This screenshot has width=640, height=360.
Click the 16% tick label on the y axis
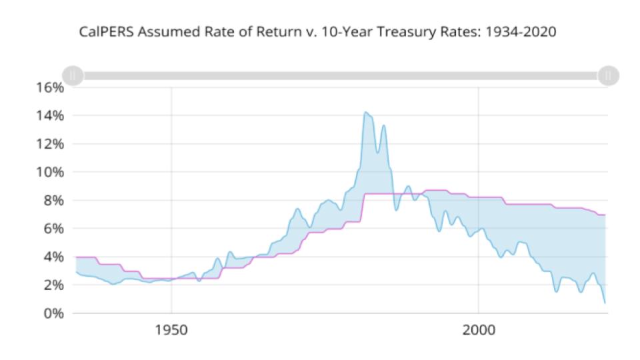pyautogui.click(x=49, y=87)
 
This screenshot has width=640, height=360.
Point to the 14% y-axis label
pyautogui.click(x=49, y=115)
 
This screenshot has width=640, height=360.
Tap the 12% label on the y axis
pyautogui.click(x=49, y=143)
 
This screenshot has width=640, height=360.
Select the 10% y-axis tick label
pyautogui.click(x=49, y=172)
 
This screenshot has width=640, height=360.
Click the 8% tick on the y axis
pyautogui.click(x=52, y=200)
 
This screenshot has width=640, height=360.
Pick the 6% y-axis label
pyautogui.click(x=52, y=228)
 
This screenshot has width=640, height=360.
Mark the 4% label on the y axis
pyautogui.click(x=52, y=257)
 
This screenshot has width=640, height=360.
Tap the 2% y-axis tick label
pyautogui.click(x=52, y=285)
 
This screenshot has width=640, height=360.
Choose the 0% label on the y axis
pyautogui.click(x=52, y=313)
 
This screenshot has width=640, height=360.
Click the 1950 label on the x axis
pyautogui.click(x=171, y=332)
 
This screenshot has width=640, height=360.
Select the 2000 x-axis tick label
pyautogui.click(x=478, y=332)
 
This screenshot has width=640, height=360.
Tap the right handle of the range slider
pyautogui.click(x=607, y=75)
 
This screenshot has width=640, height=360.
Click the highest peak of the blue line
pyautogui.click(x=365, y=112)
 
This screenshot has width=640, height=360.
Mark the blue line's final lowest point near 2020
pyautogui.click(x=605, y=303)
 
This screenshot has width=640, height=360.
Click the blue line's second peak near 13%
pyautogui.click(x=383, y=125)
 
